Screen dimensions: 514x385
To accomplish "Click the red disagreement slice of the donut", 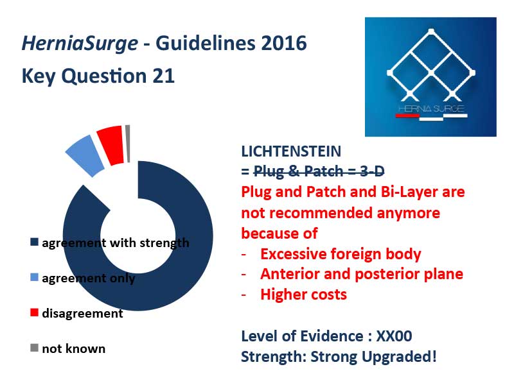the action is coord(111,145).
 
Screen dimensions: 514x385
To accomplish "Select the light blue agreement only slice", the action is coord(85,155).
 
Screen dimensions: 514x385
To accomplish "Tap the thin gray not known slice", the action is coord(127,143).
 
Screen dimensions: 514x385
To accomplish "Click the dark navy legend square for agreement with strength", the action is coord(34,243).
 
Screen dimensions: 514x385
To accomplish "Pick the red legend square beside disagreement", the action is coord(34,312).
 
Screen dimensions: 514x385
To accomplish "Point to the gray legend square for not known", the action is coord(34,348).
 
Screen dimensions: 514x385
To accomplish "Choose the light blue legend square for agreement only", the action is coord(34,277).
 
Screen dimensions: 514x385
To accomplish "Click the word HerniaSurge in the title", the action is coord(80,44).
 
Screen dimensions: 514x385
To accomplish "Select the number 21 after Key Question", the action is coord(163,76).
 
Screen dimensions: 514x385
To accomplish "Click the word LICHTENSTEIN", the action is coord(291,151).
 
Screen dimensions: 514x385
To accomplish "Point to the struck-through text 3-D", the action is coord(372,171).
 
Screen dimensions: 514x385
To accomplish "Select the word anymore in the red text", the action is coord(408,214).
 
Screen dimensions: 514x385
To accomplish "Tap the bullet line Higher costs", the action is coord(303,295).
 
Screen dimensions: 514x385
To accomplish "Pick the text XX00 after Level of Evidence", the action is coord(394,336).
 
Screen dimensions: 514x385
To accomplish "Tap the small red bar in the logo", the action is coord(407,116).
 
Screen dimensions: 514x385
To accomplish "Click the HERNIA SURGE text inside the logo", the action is coord(431,108).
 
